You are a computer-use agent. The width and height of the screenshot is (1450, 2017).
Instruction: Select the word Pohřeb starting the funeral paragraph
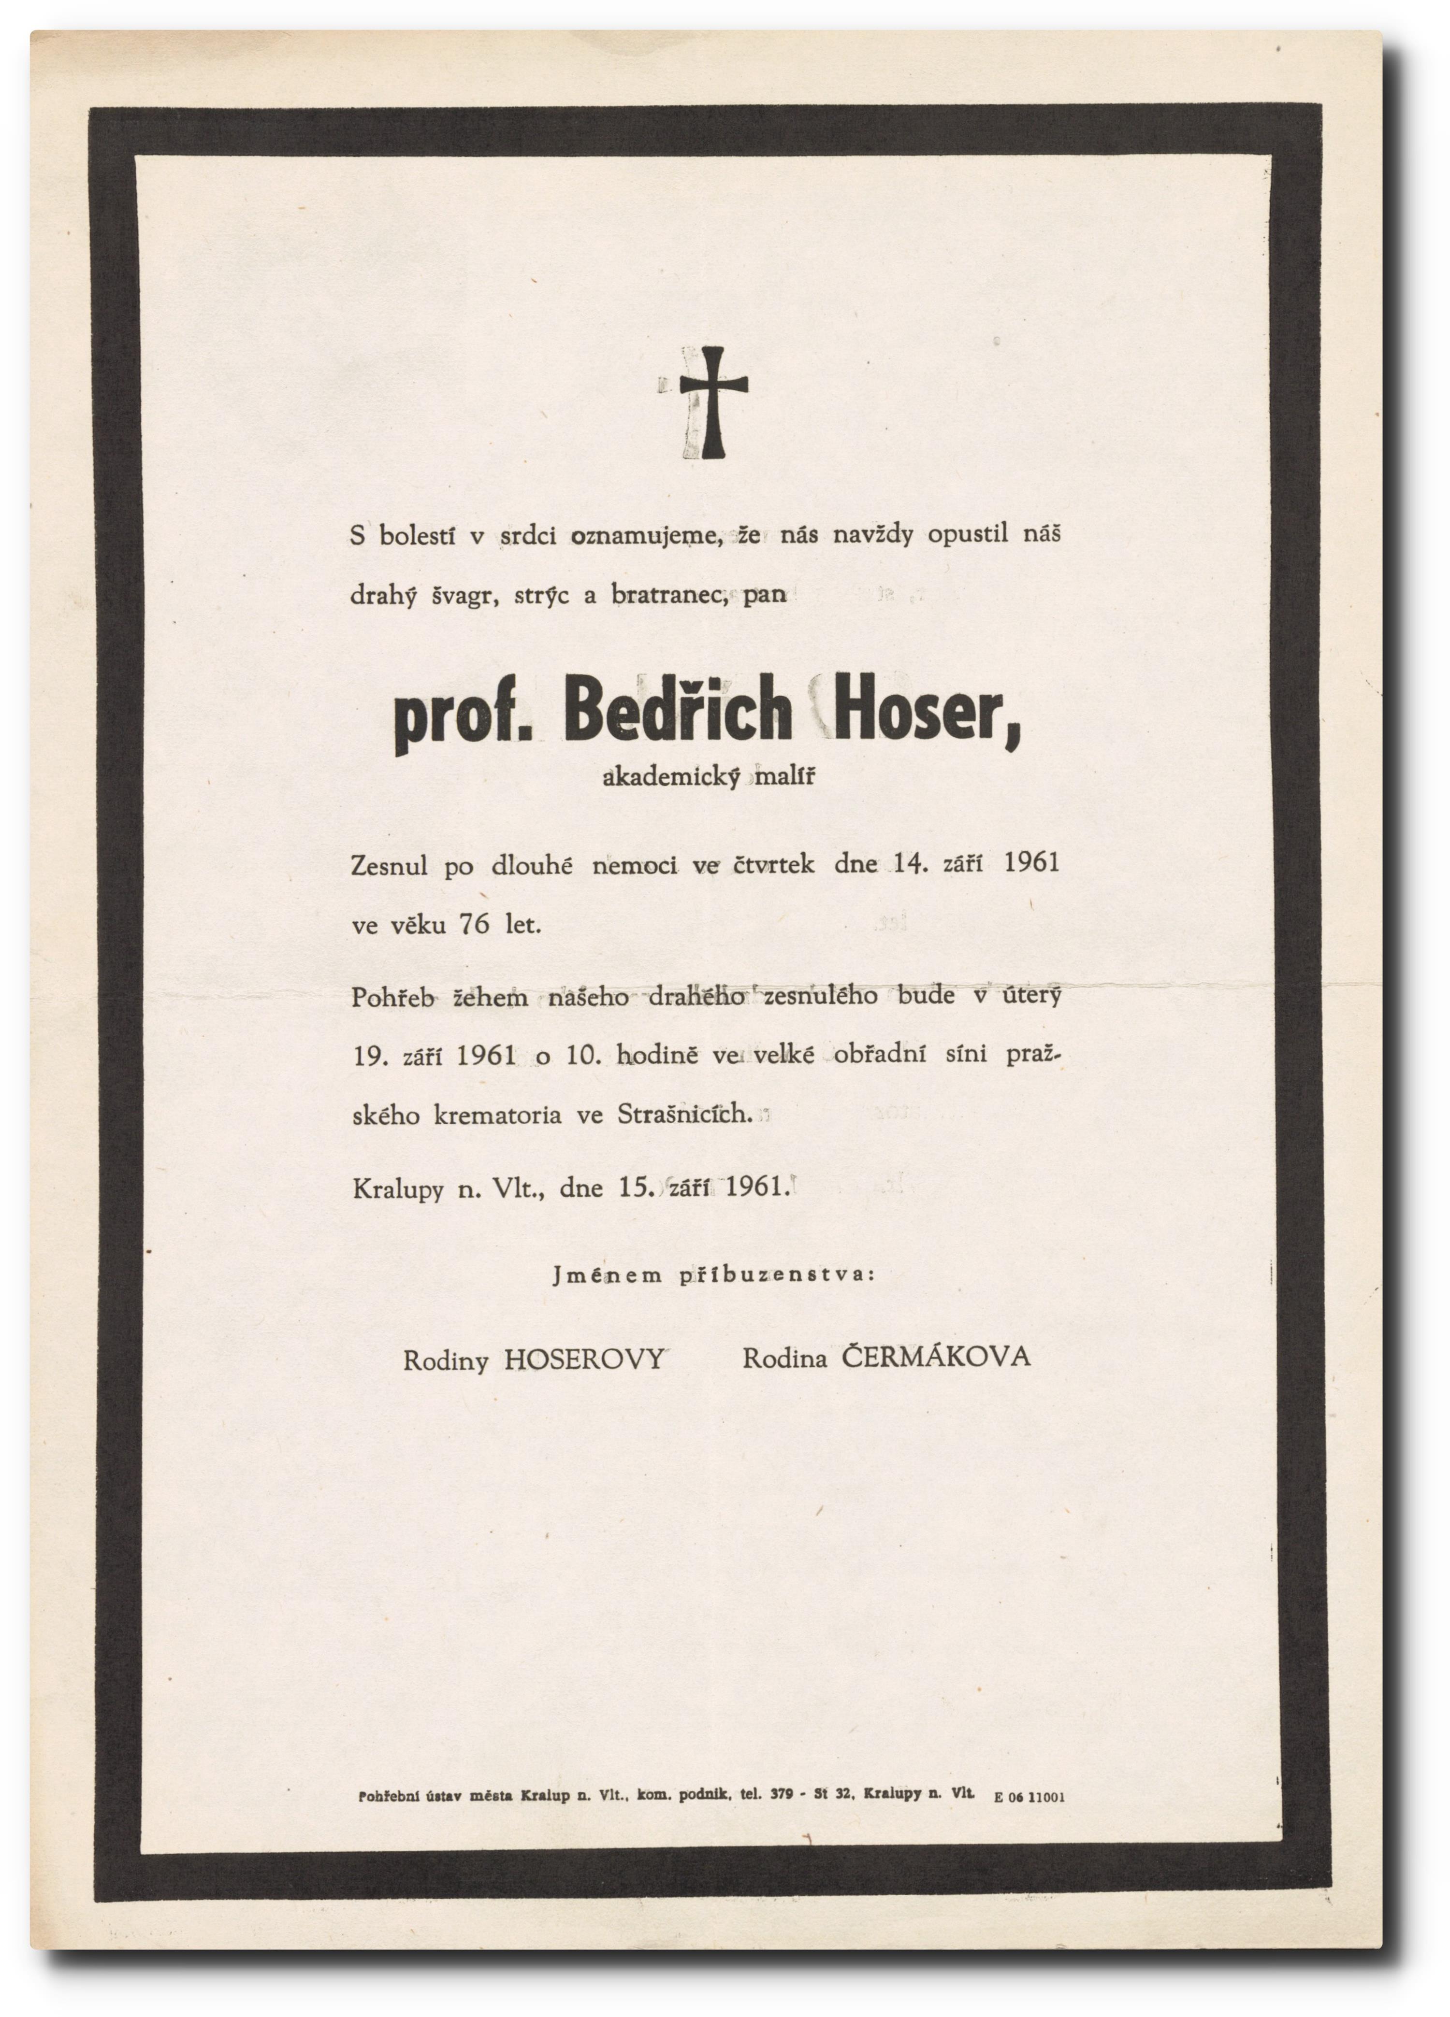coord(392,998)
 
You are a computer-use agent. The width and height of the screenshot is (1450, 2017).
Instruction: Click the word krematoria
coord(497,1115)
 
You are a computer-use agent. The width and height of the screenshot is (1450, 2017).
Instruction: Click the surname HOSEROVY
coord(584,1359)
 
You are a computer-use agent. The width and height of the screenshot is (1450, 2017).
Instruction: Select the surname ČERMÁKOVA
coord(936,1357)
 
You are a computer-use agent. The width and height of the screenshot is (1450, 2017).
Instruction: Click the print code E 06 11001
coord(1029,1796)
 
